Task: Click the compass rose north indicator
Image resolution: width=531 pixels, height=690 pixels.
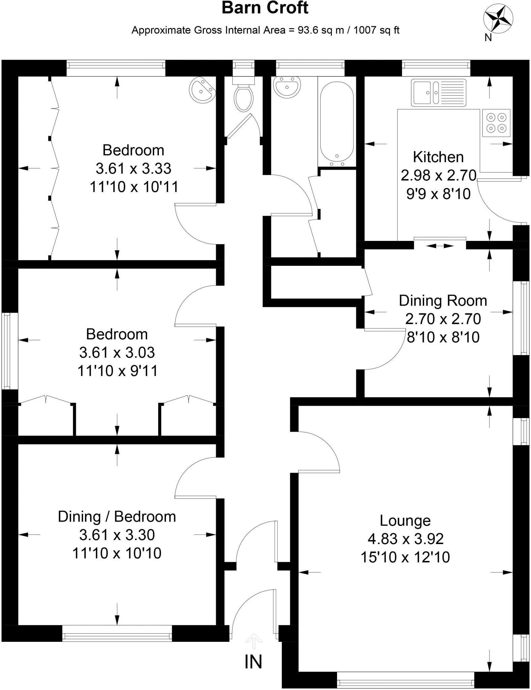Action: point(498,21)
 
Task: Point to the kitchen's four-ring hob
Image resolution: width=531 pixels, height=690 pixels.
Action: point(496,123)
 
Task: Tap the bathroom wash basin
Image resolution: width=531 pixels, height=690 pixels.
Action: point(287,87)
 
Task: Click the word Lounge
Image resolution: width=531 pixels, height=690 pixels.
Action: point(405,521)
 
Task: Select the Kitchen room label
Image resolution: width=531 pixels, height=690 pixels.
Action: point(438,157)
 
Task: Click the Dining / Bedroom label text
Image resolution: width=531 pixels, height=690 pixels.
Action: point(117,516)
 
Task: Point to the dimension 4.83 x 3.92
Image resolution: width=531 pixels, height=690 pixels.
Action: point(405,539)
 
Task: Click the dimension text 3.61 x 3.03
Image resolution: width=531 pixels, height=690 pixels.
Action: point(117,352)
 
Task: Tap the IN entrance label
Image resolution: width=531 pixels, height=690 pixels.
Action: point(253,662)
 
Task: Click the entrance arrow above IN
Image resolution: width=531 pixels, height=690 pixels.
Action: point(253,640)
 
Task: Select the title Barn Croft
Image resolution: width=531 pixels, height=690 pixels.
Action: point(265,8)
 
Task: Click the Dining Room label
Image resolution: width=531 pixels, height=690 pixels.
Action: point(443,301)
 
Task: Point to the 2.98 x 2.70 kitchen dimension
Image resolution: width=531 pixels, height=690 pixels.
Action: point(438,175)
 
